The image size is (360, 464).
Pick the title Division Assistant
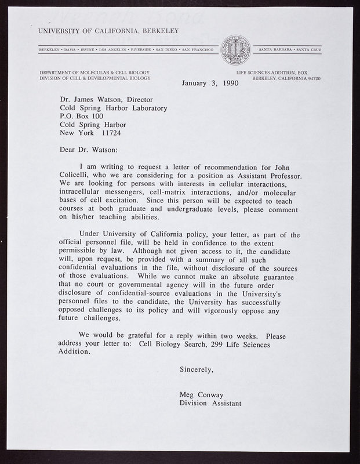pyautogui.click(x=210, y=404)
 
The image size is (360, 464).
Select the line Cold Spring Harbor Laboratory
pyautogui.click(x=114, y=108)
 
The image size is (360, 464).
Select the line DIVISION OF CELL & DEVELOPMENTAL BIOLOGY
pyautogui.click(x=93, y=78)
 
